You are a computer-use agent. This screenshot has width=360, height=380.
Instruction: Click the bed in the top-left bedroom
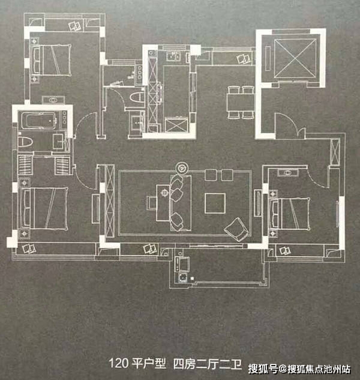(x=53, y=59)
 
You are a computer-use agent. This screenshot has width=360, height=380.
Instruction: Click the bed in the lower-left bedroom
(x=43, y=208)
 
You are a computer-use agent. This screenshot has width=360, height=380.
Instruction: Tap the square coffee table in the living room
(x=215, y=202)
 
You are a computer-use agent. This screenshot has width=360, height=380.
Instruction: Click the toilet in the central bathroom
(x=136, y=98)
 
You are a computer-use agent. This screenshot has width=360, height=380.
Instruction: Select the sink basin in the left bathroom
(x=58, y=142)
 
